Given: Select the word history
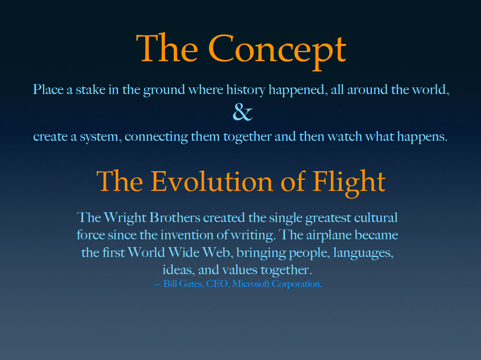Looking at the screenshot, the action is tap(246, 90).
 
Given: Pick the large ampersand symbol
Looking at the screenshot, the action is tap(243, 112).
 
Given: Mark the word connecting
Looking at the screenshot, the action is tap(156, 137).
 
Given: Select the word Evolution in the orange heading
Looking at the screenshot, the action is tap(212, 181).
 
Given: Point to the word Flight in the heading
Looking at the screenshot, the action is tap(349, 183).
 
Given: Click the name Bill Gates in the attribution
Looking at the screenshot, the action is tap(183, 284).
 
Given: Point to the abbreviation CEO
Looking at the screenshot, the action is tap(217, 284).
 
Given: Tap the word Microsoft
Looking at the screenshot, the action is tap(251, 284).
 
